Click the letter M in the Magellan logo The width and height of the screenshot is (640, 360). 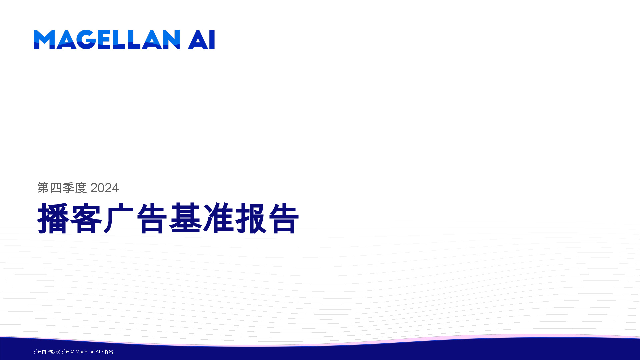pos(44,40)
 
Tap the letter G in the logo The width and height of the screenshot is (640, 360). pos(87,40)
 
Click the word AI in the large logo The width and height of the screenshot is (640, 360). pos(201,40)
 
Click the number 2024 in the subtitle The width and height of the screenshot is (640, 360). pos(104,188)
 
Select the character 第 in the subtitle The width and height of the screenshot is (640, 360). pos(43,188)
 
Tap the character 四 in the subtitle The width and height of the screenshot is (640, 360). pos(56,188)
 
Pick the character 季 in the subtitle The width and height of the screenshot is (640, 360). pos(68,188)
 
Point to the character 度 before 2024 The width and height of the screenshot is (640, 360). pos(81,188)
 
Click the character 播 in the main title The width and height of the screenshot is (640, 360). pos(53,218)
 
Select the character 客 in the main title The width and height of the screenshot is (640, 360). pos(86,218)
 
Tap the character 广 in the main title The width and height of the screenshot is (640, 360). pos(119,218)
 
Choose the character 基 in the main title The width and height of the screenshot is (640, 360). pos(185,218)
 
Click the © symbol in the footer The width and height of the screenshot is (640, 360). pos(73,352)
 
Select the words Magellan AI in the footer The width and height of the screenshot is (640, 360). pos(88,352)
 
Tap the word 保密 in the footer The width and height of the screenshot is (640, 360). pos(109,352)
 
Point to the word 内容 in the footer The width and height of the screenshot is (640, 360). pos(46,352)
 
